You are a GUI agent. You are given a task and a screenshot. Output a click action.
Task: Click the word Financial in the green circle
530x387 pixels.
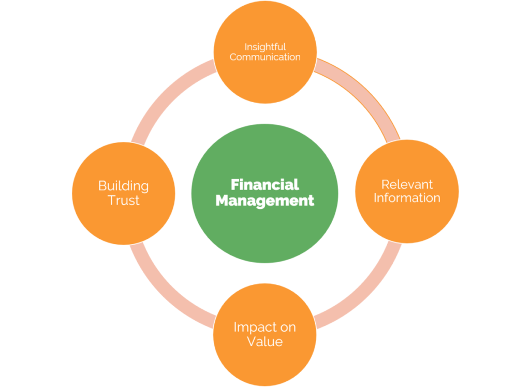(x=265, y=185)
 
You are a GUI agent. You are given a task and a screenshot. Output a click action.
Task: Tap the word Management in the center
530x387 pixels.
(x=265, y=200)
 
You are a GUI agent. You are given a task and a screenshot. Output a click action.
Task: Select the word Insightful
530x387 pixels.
(x=265, y=47)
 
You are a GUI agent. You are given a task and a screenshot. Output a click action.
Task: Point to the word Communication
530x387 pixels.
(x=265, y=57)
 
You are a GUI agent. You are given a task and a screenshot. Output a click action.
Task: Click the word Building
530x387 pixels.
(x=123, y=187)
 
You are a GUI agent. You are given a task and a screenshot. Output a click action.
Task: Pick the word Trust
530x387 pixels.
(x=124, y=200)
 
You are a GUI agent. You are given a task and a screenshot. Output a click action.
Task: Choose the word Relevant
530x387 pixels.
(x=407, y=184)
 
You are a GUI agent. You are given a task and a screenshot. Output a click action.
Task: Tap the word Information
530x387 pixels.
(x=407, y=197)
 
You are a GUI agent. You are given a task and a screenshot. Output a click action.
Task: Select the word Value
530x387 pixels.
(x=264, y=341)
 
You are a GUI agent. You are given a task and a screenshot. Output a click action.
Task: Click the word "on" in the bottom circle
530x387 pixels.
(x=288, y=328)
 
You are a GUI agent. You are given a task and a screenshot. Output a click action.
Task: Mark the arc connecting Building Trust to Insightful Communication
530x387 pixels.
(x=166, y=95)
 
